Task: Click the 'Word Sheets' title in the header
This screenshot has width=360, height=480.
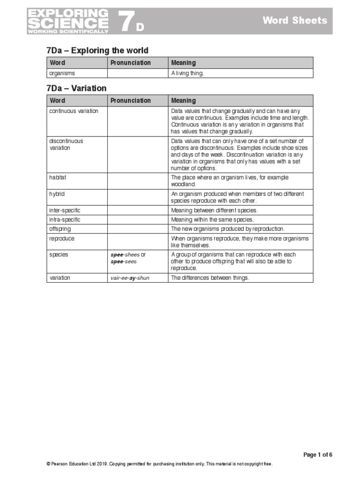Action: point(294,20)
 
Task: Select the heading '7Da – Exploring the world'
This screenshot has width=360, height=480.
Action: point(97,51)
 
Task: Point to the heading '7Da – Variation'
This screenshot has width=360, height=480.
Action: point(76,88)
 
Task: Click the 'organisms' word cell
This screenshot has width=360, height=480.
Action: point(62,73)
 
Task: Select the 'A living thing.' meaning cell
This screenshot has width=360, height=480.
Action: point(187,73)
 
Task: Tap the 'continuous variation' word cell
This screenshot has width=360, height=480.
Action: point(74,111)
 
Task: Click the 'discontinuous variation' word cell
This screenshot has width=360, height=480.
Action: point(66,144)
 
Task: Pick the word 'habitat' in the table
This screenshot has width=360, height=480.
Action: point(59,178)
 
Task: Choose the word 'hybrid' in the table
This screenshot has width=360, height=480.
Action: point(57,194)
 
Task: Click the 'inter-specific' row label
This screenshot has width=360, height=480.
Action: point(65,210)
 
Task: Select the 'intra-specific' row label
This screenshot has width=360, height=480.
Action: point(65,219)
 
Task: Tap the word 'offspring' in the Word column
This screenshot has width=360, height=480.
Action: point(60,229)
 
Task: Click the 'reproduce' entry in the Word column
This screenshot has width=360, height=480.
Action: point(62,238)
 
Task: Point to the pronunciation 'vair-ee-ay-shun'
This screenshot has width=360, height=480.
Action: point(130,278)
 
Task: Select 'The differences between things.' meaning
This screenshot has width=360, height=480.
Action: point(210,278)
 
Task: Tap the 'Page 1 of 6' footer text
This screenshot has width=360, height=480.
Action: point(318,455)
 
